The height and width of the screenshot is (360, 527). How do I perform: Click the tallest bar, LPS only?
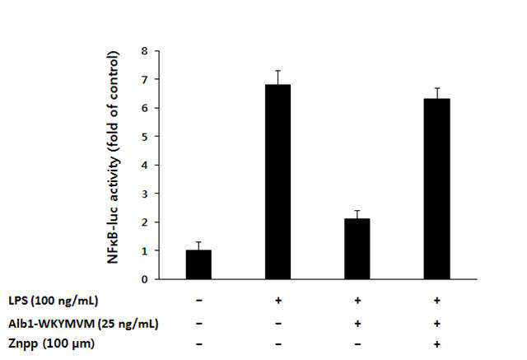click(278, 182)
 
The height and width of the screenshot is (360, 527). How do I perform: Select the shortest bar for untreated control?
click(198, 264)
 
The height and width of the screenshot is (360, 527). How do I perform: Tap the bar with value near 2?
click(357, 249)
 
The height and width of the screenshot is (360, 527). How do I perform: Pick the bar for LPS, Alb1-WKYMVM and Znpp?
click(436, 189)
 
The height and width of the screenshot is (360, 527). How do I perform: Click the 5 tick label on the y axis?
click(145, 137)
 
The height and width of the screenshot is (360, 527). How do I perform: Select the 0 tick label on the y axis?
click(145, 279)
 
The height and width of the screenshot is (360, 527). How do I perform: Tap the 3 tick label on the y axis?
click(145, 194)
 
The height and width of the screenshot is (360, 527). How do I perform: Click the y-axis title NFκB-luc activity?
click(113, 157)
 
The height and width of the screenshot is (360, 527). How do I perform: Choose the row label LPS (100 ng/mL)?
click(54, 300)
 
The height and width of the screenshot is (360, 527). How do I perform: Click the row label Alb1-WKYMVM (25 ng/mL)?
click(83, 324)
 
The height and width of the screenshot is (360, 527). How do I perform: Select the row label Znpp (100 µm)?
click(51, 344)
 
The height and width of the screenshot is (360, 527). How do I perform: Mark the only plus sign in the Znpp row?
click(436, 344)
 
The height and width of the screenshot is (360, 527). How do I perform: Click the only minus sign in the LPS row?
click(198, 300)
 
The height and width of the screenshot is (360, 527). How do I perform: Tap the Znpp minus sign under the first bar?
click(198, 344)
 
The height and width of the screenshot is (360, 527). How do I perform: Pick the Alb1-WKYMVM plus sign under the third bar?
click(357, 324)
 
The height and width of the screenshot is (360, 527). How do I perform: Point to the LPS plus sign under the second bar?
click(278, 300)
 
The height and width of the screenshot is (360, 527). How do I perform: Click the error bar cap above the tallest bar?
click(278, 71)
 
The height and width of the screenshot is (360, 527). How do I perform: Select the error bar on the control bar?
click(198, 245)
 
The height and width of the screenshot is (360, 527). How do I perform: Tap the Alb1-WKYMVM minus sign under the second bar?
click(278, 324)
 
